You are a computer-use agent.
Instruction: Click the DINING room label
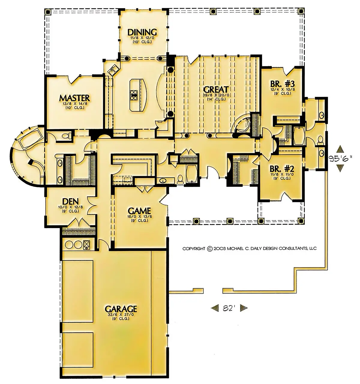coord(142,32)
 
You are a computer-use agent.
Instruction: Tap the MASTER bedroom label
coord(74,98)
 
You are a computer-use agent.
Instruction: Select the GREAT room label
coord(216,89)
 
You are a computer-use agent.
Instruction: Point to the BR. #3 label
coord(282,84)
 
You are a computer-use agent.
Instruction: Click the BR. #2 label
coord(282,169)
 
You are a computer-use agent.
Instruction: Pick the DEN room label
coord(70,202)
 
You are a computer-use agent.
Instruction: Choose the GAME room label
coord(139,210)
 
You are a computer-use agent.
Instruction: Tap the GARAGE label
coord(121,309)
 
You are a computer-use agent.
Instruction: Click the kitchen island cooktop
coord(133,95)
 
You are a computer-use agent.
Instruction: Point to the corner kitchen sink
coord(113,70)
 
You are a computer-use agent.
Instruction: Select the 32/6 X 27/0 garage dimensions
coord(121,315)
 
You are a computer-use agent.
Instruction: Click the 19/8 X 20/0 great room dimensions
coord(216,95)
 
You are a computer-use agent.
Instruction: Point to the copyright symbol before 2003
coord(210,249)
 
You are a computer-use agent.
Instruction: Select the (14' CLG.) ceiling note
coord(216,99)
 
